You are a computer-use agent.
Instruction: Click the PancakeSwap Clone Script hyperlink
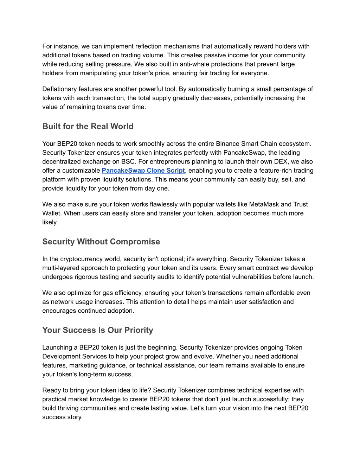click(143, 171)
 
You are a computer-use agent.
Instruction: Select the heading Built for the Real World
click(88, 126)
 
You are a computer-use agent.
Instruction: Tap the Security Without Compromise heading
click(101, 242)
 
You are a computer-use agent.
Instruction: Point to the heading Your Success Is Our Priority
click(98, 330)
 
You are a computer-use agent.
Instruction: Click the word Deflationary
click(59, 89)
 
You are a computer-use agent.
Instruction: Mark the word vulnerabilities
click(252, 277)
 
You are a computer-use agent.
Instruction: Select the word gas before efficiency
click(108, 293)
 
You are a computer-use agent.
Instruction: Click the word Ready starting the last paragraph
click(51, 390)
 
